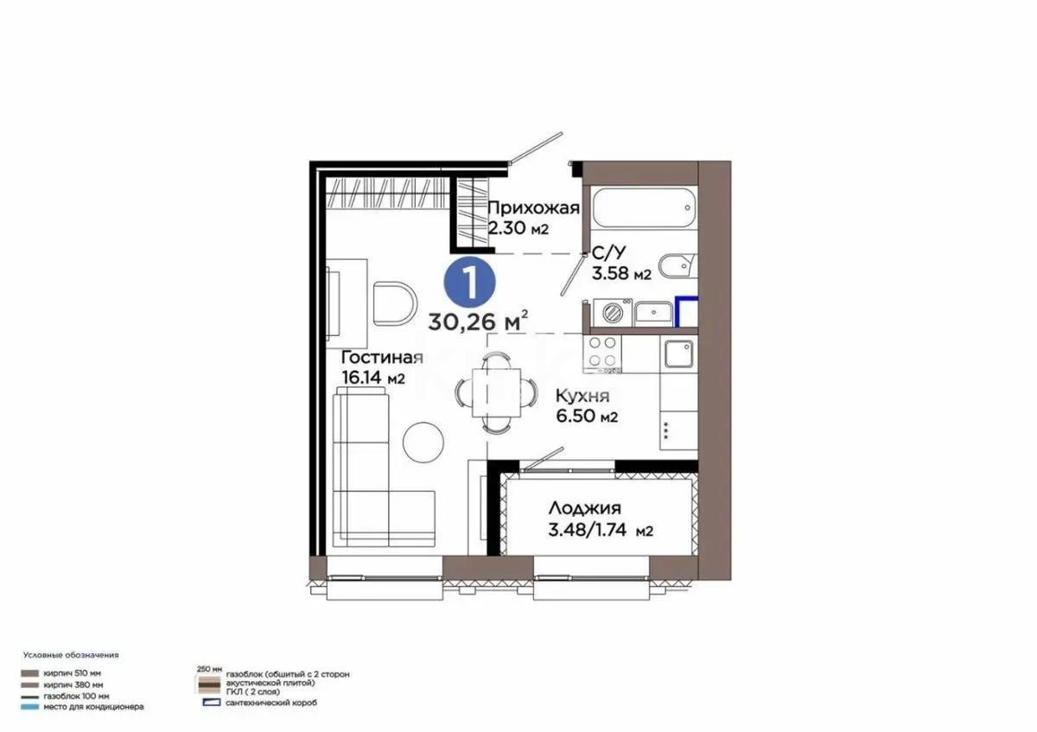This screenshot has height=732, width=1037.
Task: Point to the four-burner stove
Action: [603, 353]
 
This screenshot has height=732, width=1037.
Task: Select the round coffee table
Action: [424, 441]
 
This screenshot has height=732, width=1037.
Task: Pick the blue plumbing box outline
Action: [686, 311]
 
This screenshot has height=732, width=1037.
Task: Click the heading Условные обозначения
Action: [71, 655]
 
